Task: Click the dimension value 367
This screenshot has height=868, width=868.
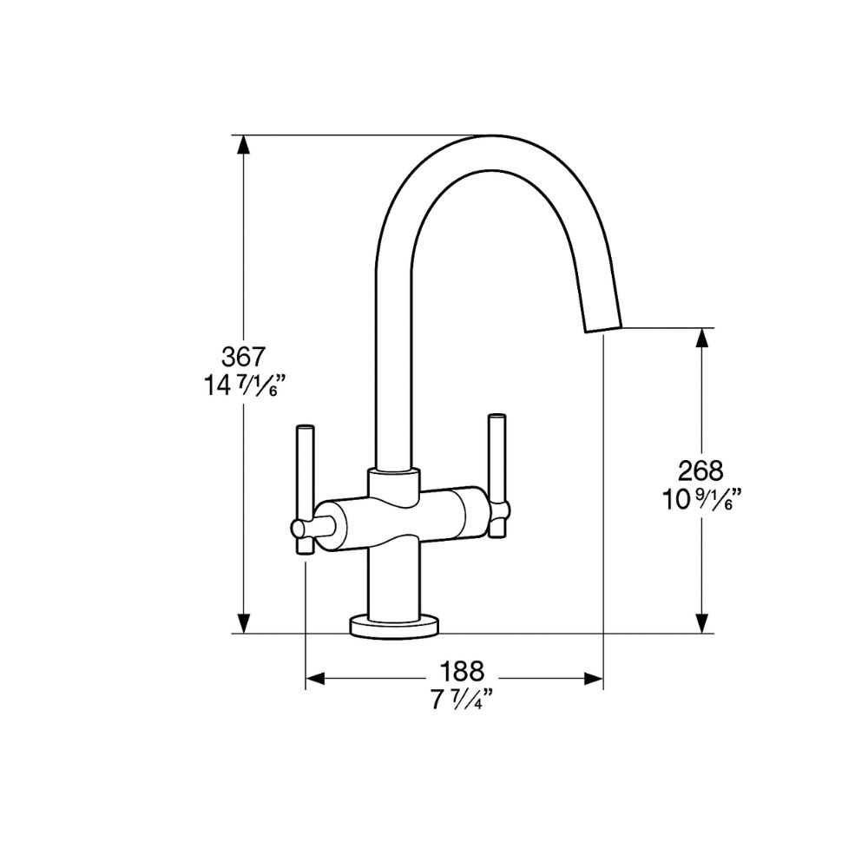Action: tap(242, 356)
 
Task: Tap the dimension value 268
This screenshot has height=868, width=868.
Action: tap(701, 470)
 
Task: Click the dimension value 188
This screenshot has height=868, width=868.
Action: tap(461, 671)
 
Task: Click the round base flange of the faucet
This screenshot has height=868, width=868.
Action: tap(395, 625)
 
